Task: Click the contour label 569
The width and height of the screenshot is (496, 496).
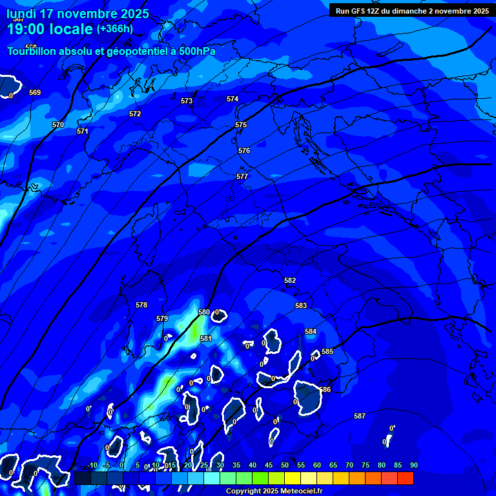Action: coord(35,92)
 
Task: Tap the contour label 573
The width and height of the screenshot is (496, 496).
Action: coord(187,101)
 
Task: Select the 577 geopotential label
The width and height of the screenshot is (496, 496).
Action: coord(242,176)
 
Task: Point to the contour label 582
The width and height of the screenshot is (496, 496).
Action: coord(290,280)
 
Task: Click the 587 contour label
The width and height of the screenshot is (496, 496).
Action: coord(360,416)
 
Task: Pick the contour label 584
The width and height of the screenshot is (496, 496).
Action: coord(311,331)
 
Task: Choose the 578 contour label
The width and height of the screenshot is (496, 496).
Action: coord(141,305)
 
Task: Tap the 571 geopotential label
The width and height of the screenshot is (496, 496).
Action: coord(82,131)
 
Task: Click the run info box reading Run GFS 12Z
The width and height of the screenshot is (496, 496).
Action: coord(412,10)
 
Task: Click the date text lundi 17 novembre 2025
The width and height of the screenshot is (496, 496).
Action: coord(77,14)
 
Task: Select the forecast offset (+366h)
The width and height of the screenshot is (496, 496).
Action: coord(115,28)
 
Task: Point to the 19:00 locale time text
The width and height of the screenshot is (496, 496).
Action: coord(50,29)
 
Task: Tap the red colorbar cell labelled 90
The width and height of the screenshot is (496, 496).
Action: coord(406,478)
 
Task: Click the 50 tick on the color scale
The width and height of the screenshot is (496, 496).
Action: coord(285,466)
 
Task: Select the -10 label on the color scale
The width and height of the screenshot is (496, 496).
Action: coord(92,466)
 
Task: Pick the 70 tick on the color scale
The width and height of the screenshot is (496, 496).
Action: coord(349,466)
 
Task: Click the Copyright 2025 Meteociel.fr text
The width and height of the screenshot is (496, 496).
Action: coord(274,491)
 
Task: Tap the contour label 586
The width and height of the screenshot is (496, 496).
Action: coord(325,389)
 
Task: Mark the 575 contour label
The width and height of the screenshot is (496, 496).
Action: coord(241,125)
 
